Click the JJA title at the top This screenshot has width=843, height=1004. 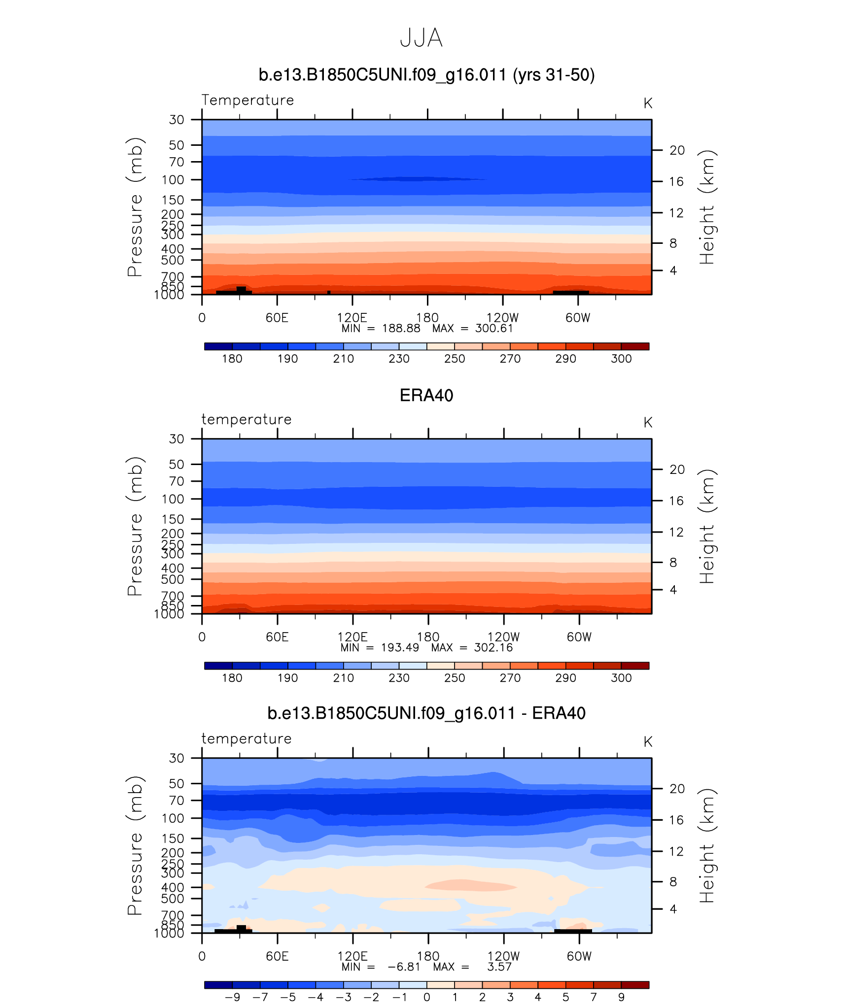click(421, 38)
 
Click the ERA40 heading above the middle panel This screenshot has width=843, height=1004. click(426, 396)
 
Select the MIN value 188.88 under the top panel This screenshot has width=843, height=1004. click(401, 329)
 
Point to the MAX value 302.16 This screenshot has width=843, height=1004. click(493, 648)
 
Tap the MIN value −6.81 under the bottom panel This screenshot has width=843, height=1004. click(404, 967)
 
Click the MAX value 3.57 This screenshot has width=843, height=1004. click(499, 967)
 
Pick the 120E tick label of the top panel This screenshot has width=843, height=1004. click(352, 318)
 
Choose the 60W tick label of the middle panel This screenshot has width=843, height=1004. click(579, 637)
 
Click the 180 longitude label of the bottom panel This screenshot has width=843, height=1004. click(428, 956)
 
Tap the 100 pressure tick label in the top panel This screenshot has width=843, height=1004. click(173, 180)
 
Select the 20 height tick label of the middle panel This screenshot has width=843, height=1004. click(677, 469)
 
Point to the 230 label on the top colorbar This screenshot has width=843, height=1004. click(399, 359)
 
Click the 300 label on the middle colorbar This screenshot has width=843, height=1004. click(621, 678)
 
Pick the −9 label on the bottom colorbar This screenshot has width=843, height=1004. click(232, 997)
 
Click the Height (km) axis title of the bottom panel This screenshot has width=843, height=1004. click(707, 846)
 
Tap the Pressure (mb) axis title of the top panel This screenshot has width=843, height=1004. click(135, 207)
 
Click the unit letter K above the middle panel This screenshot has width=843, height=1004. click(648, 423)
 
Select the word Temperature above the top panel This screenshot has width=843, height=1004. click(247, 100)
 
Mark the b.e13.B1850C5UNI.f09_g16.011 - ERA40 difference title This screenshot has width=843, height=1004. click(426, 713)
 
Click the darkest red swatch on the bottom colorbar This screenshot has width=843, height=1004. click(635, 985)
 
